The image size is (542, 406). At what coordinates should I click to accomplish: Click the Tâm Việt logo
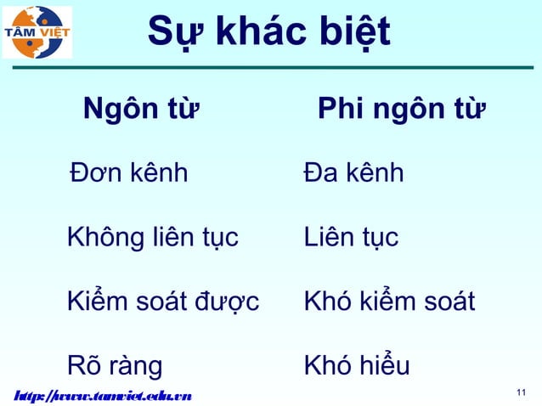point(38,32)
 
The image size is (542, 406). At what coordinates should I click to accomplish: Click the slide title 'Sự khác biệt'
point(268,33)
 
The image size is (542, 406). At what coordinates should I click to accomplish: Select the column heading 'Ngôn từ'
point(140,110)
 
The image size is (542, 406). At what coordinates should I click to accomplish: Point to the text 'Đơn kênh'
point(128,174)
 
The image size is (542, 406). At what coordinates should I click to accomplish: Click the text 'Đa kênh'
point(353,174)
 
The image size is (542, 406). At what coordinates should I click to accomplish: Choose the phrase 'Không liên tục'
point(152,238)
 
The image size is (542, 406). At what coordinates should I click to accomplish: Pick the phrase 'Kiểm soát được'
point(163,301)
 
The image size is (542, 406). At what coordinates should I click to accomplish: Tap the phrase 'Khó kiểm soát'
point(389,302)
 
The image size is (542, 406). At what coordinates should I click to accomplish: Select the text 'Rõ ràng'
point(115,366)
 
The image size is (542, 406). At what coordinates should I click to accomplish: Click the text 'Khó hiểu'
point(357,366)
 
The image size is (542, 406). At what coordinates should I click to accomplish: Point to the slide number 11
point(522,392)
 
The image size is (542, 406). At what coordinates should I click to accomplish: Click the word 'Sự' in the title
point(170,33)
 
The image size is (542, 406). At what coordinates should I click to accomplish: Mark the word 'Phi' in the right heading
point(338,110)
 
